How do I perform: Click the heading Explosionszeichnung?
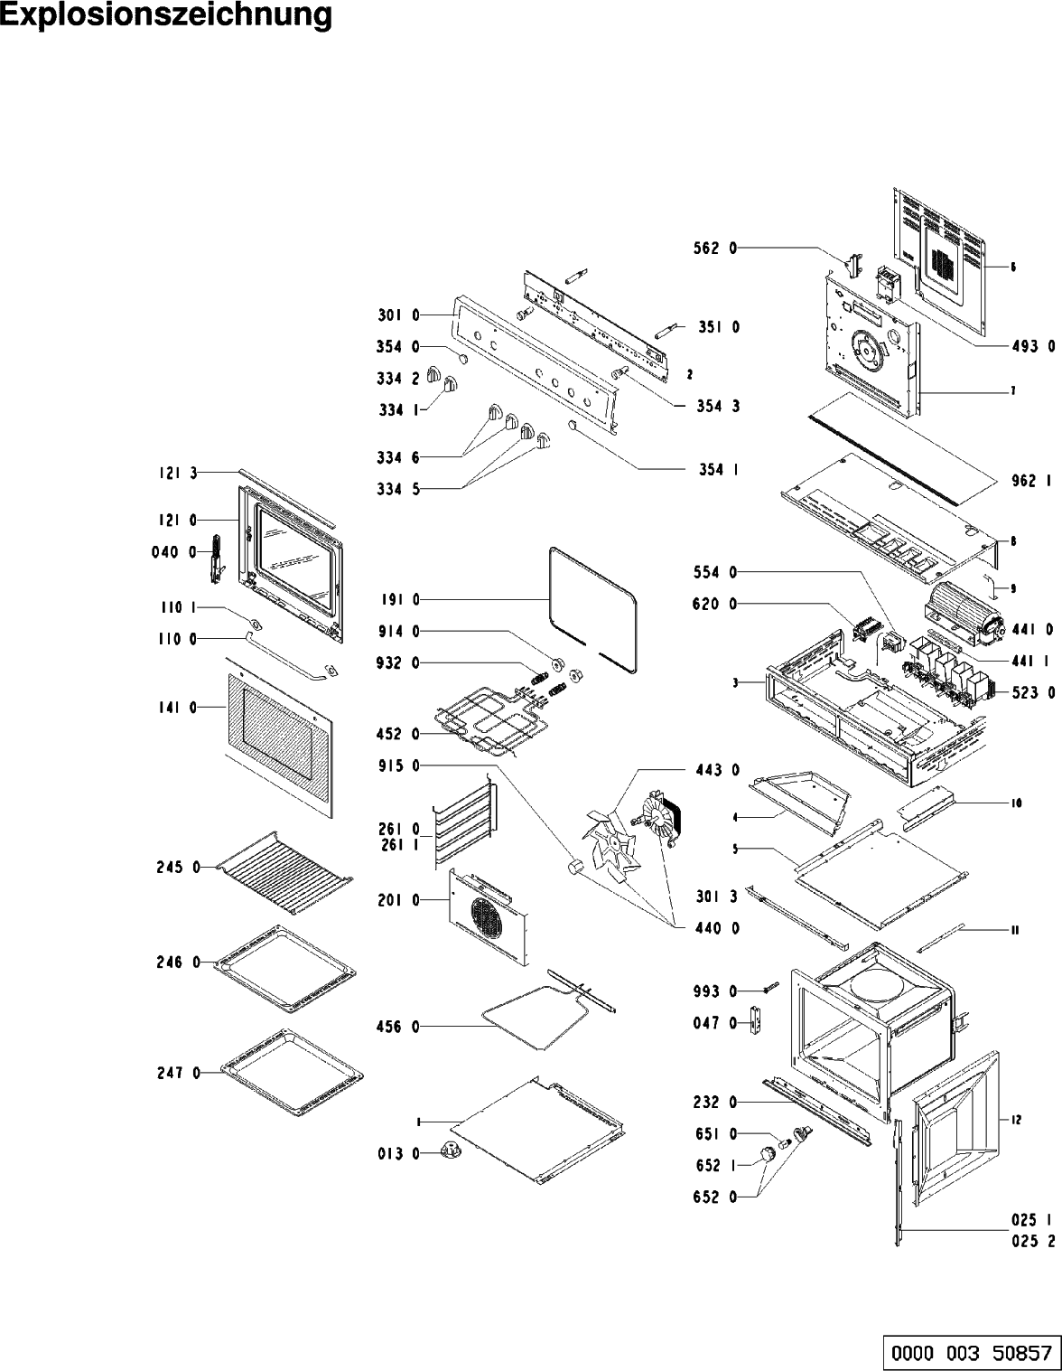[166, 17]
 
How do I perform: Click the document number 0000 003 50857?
[972, 1352]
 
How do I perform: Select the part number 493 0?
[1032, 345]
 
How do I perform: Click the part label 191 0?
[398, 599]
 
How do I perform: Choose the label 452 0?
[398, 733]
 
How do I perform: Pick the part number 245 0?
[176, 869]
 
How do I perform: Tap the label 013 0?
[398, 1152]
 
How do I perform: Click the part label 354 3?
[718, 407]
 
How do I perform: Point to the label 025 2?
[1033, 1241]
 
